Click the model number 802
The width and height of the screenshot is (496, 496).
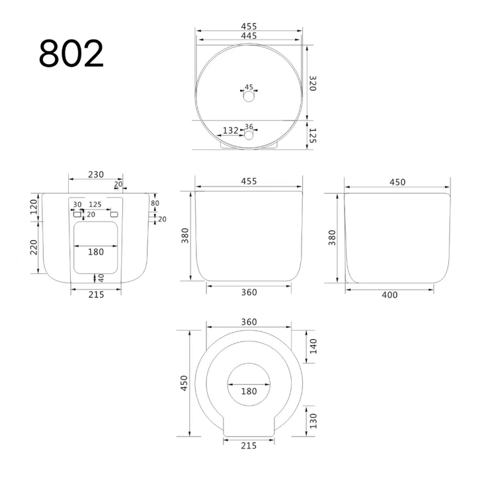point(71,53)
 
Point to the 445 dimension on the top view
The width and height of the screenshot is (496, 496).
point(249,36)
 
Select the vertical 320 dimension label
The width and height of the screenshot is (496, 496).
point(312,83)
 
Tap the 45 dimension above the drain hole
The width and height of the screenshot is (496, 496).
point(249,87)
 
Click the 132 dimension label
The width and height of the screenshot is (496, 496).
point(231,130)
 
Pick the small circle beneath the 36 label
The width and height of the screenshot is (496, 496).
point(249,136)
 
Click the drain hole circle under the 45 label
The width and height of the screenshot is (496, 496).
point(249,96)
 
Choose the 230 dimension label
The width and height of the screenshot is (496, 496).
point(96,175)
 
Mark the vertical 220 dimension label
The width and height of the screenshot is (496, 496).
point(34,247)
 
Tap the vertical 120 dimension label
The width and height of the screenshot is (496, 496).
point(34,206)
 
